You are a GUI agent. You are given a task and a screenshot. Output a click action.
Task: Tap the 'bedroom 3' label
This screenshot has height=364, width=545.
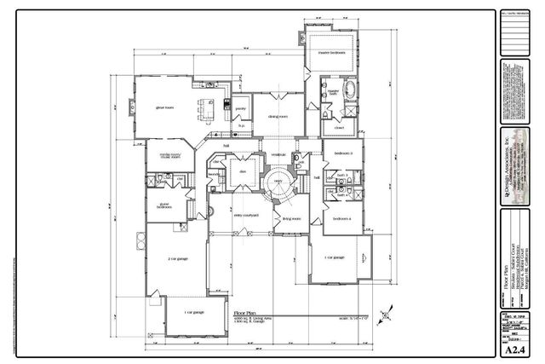pyautogui.click(x=343, y=153)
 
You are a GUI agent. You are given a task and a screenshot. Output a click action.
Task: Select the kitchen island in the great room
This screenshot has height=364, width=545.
pyautogui.click(x=204, y=109)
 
